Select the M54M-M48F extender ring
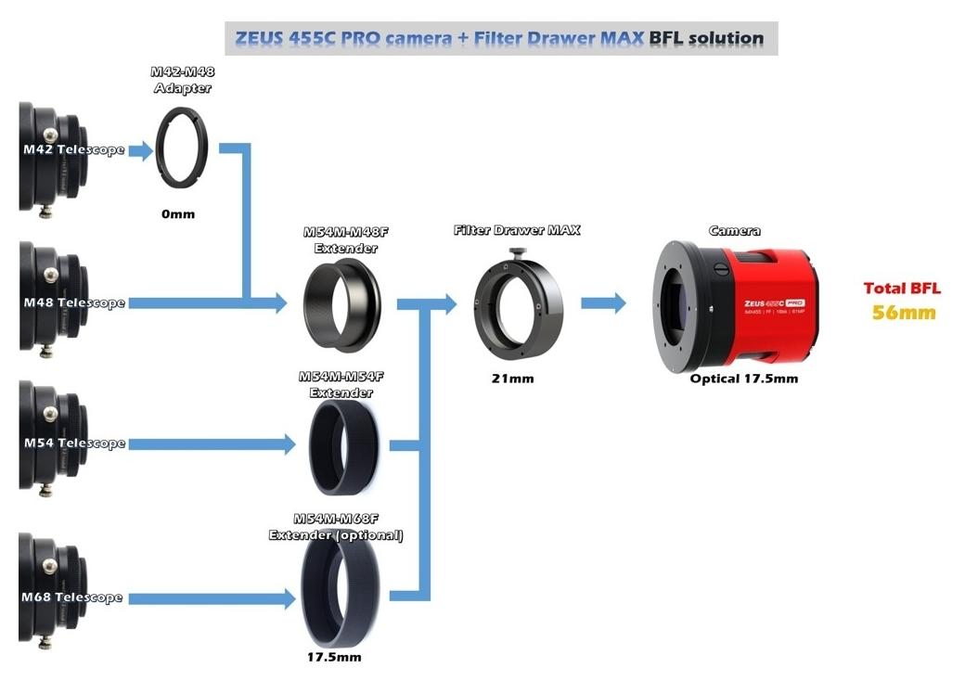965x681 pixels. (341, 303)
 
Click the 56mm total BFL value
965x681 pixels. (904, 312)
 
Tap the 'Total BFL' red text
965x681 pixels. (902, 289)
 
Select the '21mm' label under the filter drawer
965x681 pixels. (512, 379)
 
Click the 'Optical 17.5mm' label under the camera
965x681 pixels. (744, 379)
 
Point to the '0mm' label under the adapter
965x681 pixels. (178, 213)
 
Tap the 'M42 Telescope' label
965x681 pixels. (74, 149)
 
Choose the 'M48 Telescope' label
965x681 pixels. (74, 302)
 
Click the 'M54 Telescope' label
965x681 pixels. (74, 443)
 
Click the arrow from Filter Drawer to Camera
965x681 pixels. (604, 302)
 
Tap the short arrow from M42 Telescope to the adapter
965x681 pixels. (140, 150)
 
